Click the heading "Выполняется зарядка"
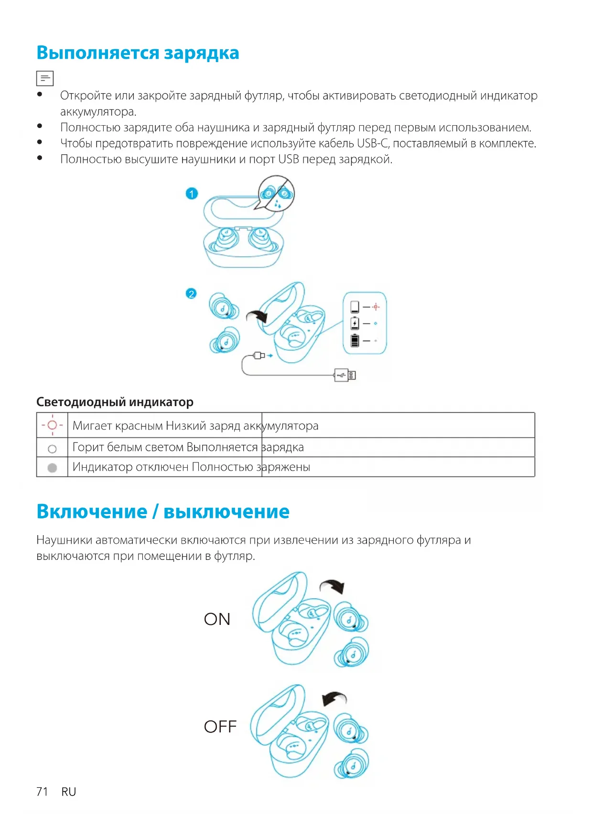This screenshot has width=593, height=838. pyautogui.click(x=138, y=53)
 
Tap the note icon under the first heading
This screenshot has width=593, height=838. pyautogui.click(x=45, y=78)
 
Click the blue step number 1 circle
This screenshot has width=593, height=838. pyautogui.click(x=192, y=193)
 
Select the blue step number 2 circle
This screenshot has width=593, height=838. pyautogui.click(x=191, y=294)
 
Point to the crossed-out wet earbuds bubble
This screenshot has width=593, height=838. pyautogui.click(x=277, y=193)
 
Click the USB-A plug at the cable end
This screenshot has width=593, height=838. pyautogui.click(x=345, y=375)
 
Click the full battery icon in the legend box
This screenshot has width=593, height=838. pyautogui.click(x=355, y=341)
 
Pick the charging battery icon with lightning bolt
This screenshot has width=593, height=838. pyautogui.click(x=355, y=323)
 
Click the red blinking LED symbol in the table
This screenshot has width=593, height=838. pyautogui.click(x=52, y=425)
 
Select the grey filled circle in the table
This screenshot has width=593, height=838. pyautogui.click(x=53, y=468)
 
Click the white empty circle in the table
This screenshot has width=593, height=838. pyautogui.click(x=53, y=449)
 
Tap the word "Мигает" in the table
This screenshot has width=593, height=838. pyautogui.click(x=92, y=426)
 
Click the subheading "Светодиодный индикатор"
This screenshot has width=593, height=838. pyautogui.click(x=115, y=402)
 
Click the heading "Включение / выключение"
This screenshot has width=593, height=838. pyautogui.click(x=163, y=512)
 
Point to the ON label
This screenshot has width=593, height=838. pyautogui.click(x=217, y=619)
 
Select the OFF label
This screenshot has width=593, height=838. pyautogui.click(x=220, y=727)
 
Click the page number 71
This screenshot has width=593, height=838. pyautogui.click(x=42, y=792)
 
